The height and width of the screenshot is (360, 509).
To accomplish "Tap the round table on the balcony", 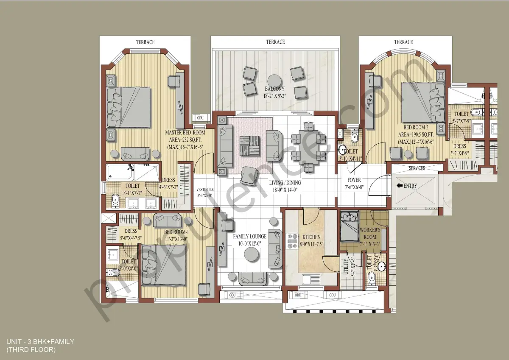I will (275, 80).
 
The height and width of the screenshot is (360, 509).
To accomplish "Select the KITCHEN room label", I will (311, 237).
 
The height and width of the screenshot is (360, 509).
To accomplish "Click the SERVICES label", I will (417, 168).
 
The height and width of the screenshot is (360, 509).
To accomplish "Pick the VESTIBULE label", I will (205, 190).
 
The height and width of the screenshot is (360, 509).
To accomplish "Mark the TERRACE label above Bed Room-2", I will (403, 42).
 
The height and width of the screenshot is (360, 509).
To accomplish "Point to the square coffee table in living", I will (248, 145).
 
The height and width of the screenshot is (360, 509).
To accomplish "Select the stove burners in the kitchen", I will (292, 241).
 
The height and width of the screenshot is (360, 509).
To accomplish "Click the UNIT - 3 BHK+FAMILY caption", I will (40, 341).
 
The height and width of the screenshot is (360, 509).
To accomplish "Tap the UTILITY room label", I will (346, 268).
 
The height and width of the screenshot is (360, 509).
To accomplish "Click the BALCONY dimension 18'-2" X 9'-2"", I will (274, 96).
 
